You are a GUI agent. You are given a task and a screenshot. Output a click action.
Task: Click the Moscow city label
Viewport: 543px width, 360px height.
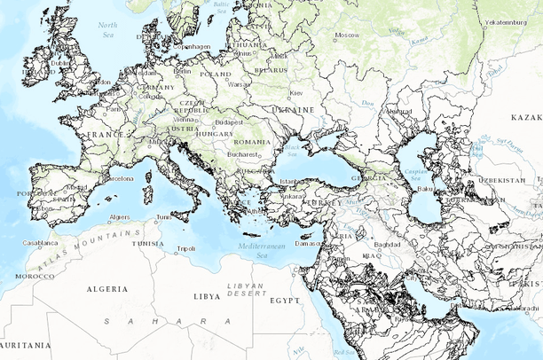(x=346, y=35)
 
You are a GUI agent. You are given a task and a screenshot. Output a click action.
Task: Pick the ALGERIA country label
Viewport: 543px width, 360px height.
(x=106, y=289)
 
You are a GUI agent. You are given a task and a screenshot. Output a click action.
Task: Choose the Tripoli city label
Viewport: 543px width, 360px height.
(x=185, y=249)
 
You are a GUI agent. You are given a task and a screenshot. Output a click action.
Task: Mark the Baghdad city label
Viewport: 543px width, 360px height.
(x=388, y=244)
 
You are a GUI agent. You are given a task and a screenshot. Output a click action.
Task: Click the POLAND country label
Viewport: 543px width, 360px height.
(x=216, y=74)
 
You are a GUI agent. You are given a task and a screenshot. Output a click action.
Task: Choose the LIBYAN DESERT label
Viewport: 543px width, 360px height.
(x=247, y=290)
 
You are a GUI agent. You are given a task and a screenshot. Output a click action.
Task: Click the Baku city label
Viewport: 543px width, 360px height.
(x=425, y=188)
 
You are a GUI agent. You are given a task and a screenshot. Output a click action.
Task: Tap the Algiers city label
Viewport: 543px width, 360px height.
(x=119, y=216)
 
